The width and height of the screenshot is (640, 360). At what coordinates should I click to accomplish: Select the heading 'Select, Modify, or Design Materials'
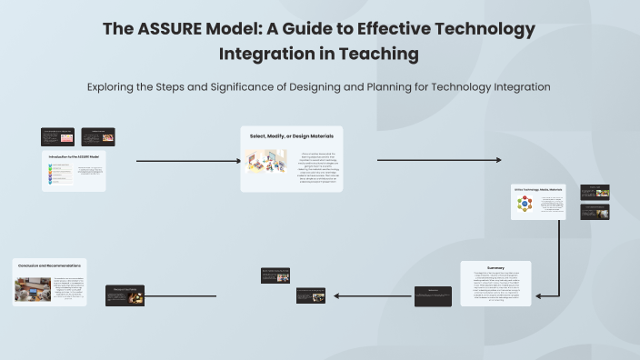click(292, 136)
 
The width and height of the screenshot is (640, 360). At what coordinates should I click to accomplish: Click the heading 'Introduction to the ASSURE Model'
click(74, 157)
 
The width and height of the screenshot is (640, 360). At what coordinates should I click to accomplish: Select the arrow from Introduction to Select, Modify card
click(187, 162)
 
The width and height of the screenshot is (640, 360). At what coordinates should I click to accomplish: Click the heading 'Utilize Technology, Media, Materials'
click(538, 189)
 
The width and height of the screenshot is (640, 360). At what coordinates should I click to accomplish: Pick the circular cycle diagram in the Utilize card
click(525, 205)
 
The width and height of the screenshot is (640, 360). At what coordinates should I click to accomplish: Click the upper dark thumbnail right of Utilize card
click(595, 193)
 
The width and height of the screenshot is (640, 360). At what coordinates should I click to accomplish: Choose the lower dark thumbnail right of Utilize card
click(595, 212)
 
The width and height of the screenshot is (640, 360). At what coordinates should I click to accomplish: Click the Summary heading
click(495, 267)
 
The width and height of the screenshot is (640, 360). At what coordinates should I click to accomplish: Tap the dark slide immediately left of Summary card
click(433, 295)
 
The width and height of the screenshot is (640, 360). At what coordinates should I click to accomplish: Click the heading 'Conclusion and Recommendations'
click(48, 265)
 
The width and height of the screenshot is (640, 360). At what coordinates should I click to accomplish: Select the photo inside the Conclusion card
click(33, 289)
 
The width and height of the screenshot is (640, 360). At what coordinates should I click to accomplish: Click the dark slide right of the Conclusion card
click(125, 295)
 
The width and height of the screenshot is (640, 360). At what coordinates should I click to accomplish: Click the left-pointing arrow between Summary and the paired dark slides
click(373, 295)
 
